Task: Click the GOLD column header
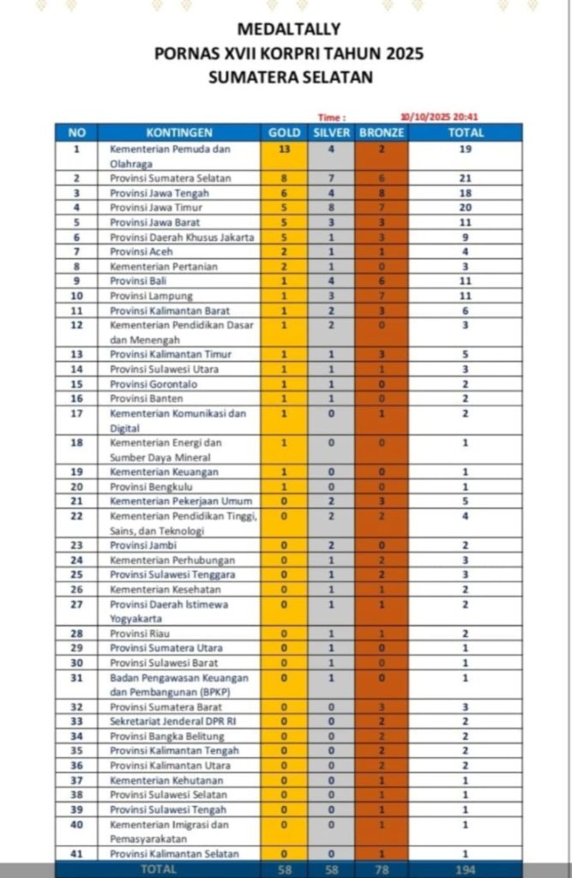click(285, 133)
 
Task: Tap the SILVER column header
click(331, 133)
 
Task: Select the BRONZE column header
click(382, 133)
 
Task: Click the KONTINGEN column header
click(178, 133)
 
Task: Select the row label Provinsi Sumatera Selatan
click(171, 178)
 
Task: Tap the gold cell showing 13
click(285, 149)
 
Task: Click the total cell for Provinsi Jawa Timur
click(465, 207)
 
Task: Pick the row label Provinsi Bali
click(138, 280)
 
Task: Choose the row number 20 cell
click(77, 486)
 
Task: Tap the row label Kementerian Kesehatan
click(166, 589)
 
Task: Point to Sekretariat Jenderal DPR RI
click(173, 721)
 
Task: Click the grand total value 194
click(465, 869)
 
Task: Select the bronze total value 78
click(382, 869)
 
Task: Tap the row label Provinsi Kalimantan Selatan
click(174, 853)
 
